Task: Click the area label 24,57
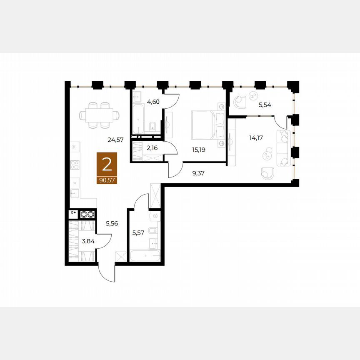(x=115, y=140)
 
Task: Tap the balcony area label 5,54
(x=265, y=105)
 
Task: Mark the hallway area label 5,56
(x=112, y=223)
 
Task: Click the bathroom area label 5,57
(x=138, y=233)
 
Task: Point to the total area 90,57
(x=107, y=180)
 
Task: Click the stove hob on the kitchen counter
(x=75, y=165)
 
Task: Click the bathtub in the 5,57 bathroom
(x=145, y=256)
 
